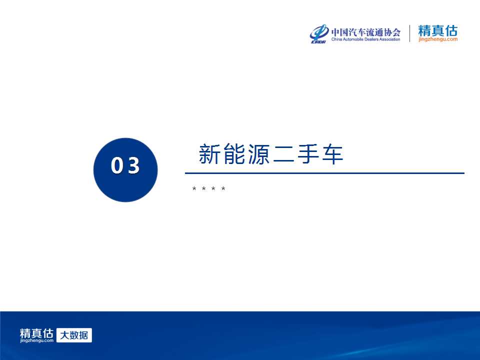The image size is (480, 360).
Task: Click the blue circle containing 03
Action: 125,170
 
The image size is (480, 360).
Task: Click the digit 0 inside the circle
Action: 117,165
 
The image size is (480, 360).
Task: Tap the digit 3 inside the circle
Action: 134,165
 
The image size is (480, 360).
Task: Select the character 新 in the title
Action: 209,153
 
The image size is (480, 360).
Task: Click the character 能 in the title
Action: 234,153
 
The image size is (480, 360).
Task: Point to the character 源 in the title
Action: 258,153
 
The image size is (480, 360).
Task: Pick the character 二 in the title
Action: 283,154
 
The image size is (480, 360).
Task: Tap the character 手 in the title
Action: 308,153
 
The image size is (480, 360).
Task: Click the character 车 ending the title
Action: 332,153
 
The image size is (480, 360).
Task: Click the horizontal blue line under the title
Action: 324,173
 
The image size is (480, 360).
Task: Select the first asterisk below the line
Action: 194,188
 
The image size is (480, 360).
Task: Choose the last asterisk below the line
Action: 223,188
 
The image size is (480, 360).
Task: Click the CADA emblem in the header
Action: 318,33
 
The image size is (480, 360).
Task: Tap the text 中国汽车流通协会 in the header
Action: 366,32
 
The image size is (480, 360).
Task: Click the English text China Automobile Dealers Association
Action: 366,39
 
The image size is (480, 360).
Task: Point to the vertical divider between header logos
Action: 409,33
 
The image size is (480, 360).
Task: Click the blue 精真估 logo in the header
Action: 438,30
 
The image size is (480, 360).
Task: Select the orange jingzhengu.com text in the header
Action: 438,39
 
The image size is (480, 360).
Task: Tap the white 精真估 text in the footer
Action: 36,333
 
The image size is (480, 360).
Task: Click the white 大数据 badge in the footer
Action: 74,335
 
